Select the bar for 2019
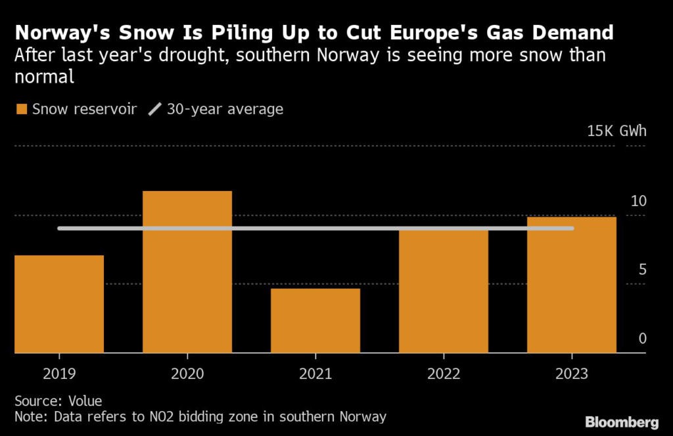[59, 304]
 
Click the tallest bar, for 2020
[187, 272]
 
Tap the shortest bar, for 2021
[315, 320]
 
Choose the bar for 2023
[572, 285]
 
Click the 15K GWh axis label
[616, 131]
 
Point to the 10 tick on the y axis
[639, 201]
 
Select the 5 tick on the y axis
[643, 270]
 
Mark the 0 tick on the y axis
[643, 339]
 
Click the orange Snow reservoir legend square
[22, 109]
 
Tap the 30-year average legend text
[225, 109]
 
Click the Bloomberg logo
[622, 421]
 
